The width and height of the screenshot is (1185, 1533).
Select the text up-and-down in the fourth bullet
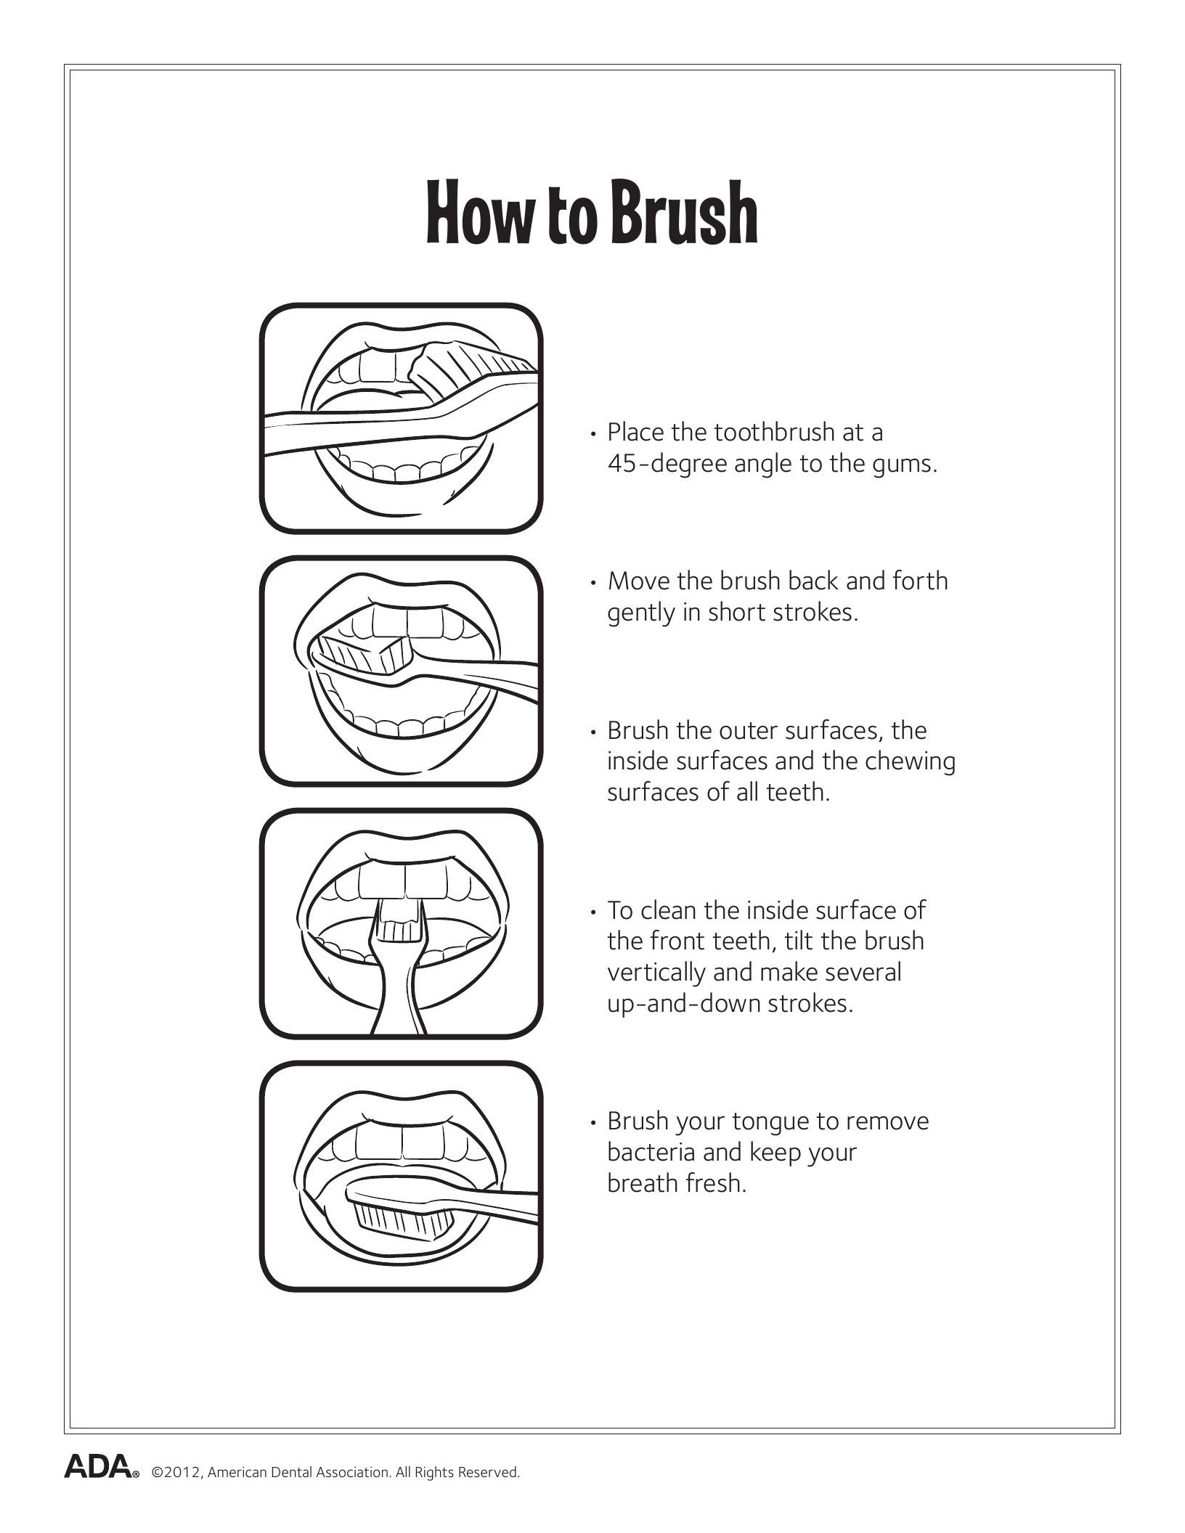tap(680, 1004)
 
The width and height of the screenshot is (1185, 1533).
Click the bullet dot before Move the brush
tap(594, 583)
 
